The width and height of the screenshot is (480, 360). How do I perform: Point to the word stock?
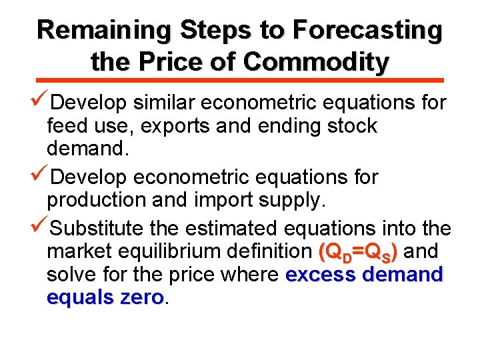pos(352,125)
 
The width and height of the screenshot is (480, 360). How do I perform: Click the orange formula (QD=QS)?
pos(359,252)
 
